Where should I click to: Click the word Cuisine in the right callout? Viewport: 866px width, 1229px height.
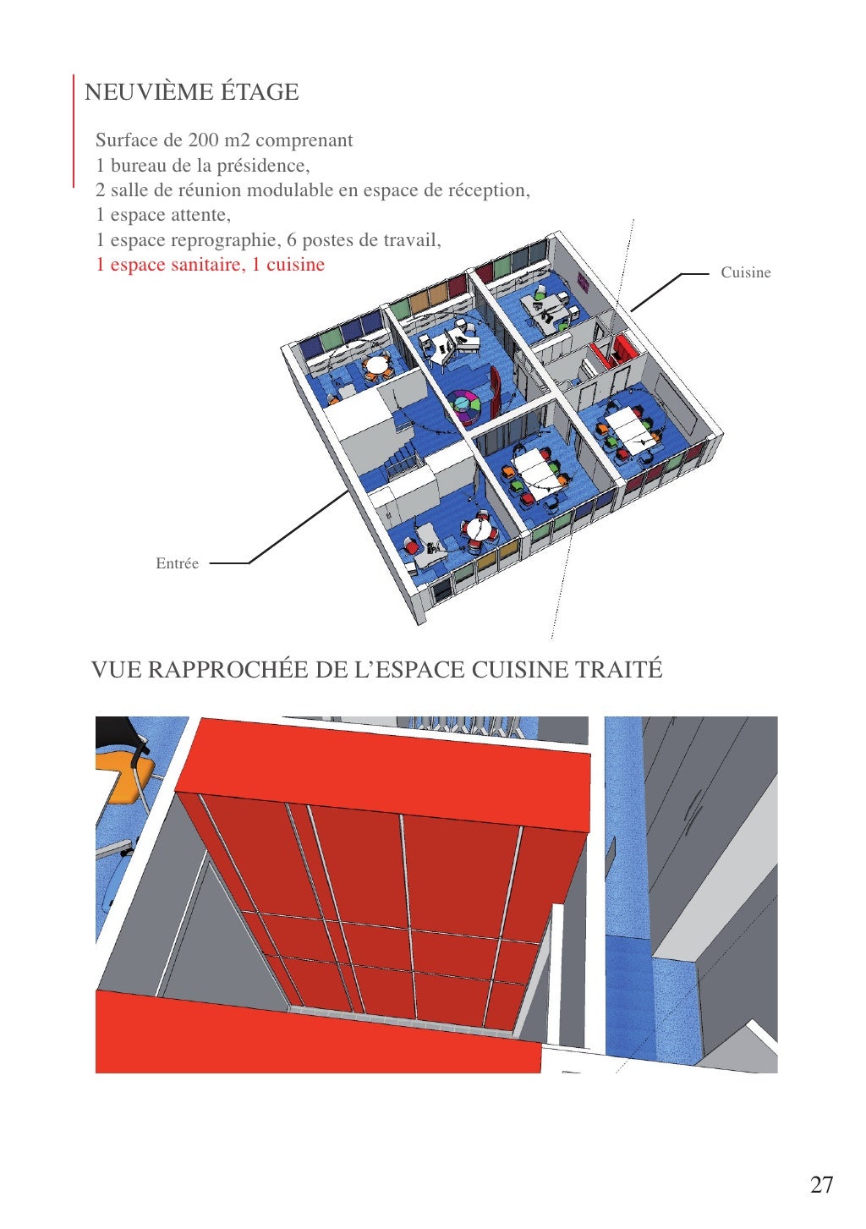click(x=745, y=272)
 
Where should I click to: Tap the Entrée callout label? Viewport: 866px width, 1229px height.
click(x=177, y=563)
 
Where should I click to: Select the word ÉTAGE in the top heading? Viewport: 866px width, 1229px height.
click(x=260, y=91)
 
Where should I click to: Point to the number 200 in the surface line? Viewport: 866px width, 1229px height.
click(x=204, y=140)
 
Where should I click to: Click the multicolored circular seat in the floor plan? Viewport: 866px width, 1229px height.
click(x=464, y=406)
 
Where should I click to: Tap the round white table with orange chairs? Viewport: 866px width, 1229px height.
click(x=376, y=365)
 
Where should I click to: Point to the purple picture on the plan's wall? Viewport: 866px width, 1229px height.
click(x=583, y=283)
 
